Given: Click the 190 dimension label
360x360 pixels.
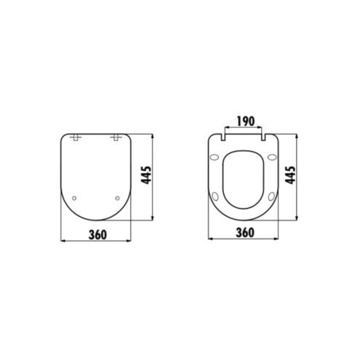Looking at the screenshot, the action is pyautogui.click(x=246, y=121).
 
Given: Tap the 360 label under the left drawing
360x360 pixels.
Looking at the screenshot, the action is pyautogui.click(x=97, y=235).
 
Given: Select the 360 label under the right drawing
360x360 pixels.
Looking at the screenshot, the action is pyautogui.click(x=245, y=233).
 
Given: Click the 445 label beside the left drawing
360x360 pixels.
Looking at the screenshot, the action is pyautogui.click(x=147, y=175).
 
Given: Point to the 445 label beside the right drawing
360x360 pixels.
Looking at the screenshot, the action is pyautogui.click(x=290, y=175).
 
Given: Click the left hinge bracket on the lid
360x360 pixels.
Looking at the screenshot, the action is pyautogui.click(x=76, y=137).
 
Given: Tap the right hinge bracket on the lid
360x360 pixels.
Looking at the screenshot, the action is pyautogui.click(x=116, y=137).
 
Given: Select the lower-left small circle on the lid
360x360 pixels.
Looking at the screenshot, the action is pyautogui.click(x=74, y=199).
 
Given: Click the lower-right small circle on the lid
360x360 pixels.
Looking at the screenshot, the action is pyautogui.click(x=117, y=199).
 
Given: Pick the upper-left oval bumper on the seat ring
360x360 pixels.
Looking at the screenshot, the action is pyautogui.click(x=215, y=157).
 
